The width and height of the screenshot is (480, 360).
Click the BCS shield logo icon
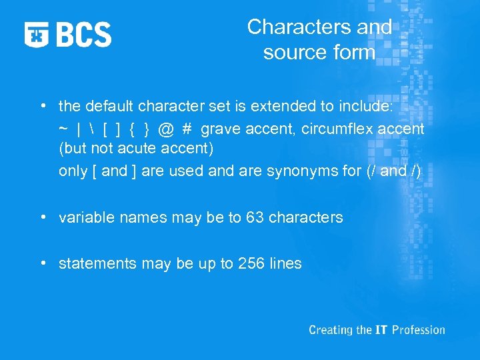click(x=37, y=34)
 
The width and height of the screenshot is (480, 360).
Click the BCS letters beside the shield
click(x=84, y=34)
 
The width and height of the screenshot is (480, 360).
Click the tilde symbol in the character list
click(x=63, y=129)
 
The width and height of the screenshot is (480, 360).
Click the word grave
click(x=221, y=129)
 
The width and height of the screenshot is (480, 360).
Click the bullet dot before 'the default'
click(x=43, y=105)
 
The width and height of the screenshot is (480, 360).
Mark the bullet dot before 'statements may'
click(x=43, y=263)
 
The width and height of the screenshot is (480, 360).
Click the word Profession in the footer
click(x=419, y=330)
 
